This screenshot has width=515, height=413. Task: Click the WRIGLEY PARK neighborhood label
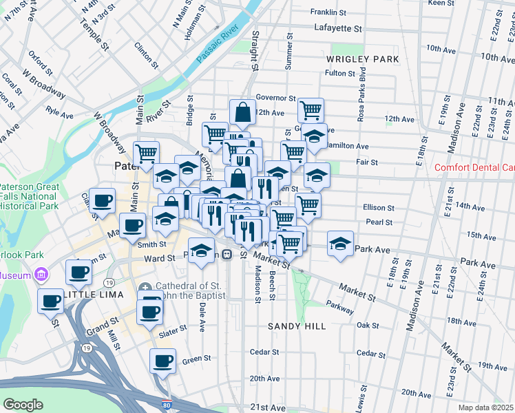pos(363,60)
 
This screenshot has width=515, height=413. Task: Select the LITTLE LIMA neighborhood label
pos(92,295)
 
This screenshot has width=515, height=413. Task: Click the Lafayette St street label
pos(337,29)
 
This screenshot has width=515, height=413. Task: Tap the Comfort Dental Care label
pos(474,167)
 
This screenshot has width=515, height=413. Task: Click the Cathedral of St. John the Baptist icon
pos(145,287)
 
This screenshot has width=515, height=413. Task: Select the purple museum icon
pos(41,275)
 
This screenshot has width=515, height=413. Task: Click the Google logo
pos(23,405)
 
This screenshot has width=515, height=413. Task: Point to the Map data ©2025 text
pos(485,407)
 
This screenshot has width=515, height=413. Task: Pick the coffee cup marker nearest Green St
pos(163,361)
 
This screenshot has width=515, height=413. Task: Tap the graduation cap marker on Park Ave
pos(340,244)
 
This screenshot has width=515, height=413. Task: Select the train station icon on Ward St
pos(225,254)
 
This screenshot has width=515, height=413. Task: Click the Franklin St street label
pos(328,12)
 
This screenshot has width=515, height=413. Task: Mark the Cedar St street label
pos(264,352)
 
